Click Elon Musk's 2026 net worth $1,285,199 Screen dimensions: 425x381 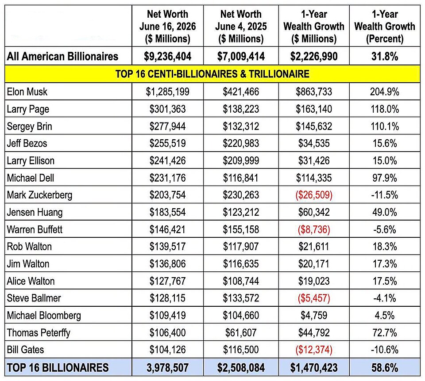[167, 92]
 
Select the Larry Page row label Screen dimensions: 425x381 [28, 109]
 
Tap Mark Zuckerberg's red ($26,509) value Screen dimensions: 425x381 [314, 195]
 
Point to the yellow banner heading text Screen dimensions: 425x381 [212, 74]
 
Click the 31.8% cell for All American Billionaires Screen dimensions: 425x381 [385, 56]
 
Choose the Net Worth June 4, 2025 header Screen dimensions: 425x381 [241, 26]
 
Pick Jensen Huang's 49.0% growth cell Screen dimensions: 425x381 [385, 212]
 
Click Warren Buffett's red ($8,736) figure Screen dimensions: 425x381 [314, 229]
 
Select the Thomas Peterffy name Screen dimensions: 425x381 [39, 332]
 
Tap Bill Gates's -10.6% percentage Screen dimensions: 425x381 [385, 350]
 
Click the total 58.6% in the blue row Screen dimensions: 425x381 [385, 367]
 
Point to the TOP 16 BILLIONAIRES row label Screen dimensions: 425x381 [58, 367]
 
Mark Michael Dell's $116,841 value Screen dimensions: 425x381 [241, 178]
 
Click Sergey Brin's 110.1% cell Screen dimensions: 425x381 [385, 126]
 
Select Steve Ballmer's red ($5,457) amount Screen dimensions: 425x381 [314, 298]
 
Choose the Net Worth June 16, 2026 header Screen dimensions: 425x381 [167, 26]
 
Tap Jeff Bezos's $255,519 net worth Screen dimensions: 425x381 [167, 143]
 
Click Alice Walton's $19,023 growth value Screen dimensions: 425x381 [314, 281]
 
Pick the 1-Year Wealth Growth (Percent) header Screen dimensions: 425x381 [385, 26]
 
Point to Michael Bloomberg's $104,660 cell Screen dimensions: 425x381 [241, 315]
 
